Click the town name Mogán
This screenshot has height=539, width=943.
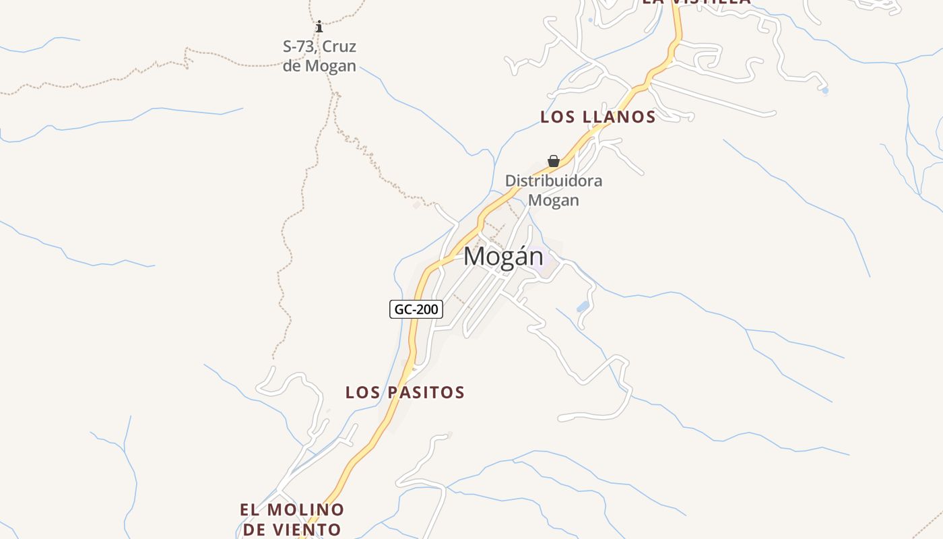click(503, 257)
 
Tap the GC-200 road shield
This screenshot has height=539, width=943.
click(416, 309)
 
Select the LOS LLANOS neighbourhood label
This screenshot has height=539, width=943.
click(597, 117)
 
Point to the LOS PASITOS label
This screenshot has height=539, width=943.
click(405, 392)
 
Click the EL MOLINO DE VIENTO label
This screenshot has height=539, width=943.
click(292, 519)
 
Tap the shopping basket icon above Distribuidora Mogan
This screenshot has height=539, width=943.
click(553, 161)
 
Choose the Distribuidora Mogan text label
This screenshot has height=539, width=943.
click(553, 190)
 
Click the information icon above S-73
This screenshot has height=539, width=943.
click(319, 27)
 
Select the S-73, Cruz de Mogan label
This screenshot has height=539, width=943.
click(319, 56)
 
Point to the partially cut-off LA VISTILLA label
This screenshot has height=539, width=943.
click(696, 2)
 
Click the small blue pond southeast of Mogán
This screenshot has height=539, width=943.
click(583, 307)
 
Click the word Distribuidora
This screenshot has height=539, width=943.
click(553, 181)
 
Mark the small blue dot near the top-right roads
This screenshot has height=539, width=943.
click(824, 90)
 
